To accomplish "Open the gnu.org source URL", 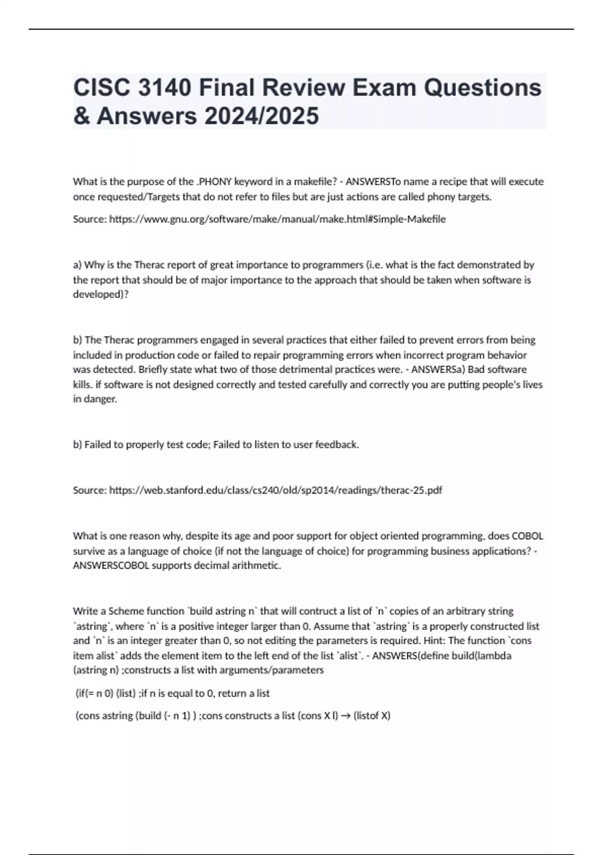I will pyautogui.click(x=277, y=219).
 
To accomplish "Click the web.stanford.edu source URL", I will pyautogui.click(x=275, y=490).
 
